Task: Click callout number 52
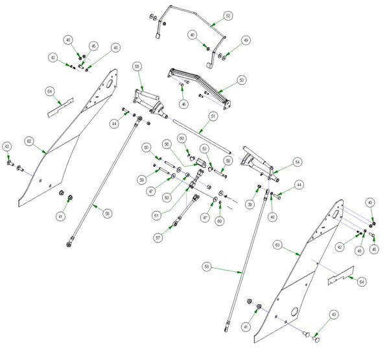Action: (228, 15)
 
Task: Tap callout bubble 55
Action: (137, 67)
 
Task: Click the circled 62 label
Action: (29, 141)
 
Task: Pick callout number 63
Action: (277, 245)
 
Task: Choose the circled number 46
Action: (184, 104)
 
